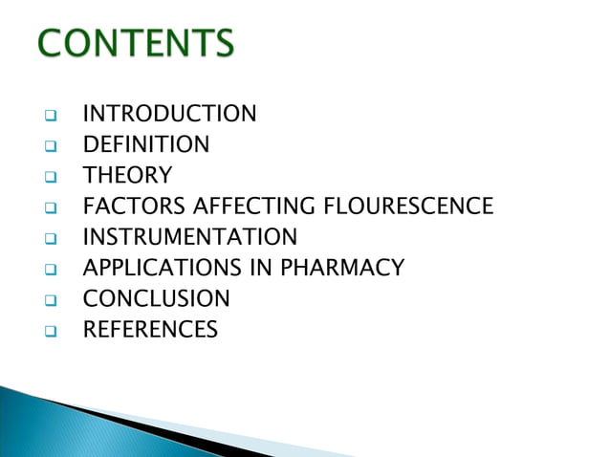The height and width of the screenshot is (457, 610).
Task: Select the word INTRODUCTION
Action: (169, 115)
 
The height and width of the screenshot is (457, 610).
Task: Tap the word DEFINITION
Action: (145, 145)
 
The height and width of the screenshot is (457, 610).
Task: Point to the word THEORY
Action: (127, 176)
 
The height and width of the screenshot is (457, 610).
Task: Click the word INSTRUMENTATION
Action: (190, 237)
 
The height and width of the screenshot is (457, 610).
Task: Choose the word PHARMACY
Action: (342, 269)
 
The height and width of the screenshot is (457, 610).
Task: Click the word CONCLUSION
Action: (156, 299)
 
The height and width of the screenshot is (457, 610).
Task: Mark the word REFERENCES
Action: (150, 331)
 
